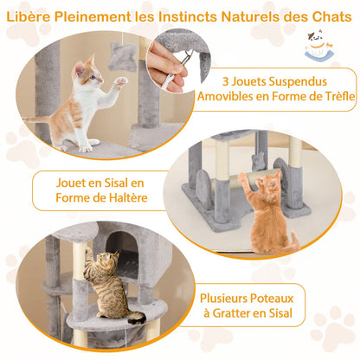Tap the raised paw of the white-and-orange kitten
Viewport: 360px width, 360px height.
click(121, 81)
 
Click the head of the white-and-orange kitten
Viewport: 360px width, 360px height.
click(86, 73)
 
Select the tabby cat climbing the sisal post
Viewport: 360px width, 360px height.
click(109, 286)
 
